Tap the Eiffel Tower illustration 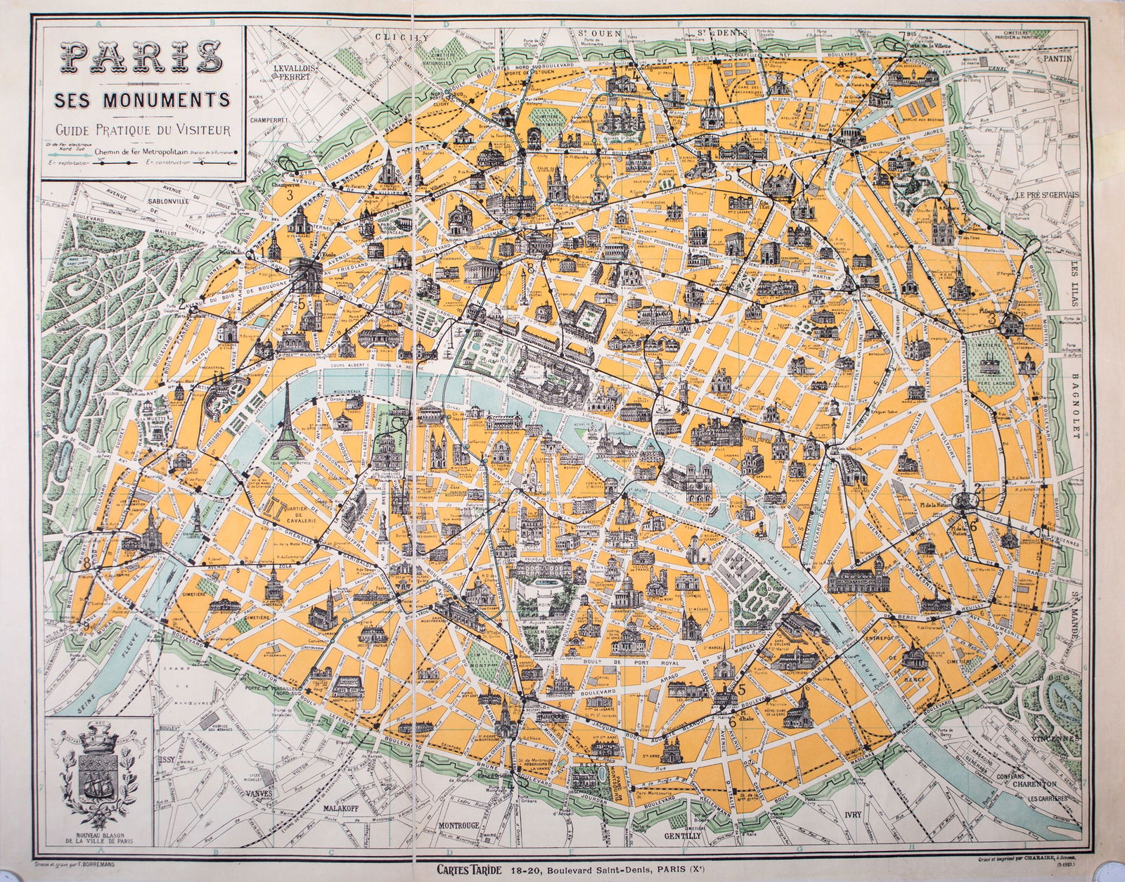pyautogui.click(x=286, y=422)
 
